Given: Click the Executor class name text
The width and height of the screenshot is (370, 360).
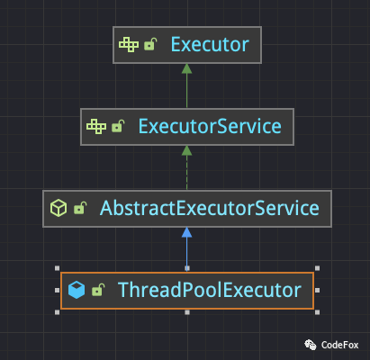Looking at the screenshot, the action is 210,45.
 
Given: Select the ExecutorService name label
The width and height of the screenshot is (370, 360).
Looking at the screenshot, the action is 210,126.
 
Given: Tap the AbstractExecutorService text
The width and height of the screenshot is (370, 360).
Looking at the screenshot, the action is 210,208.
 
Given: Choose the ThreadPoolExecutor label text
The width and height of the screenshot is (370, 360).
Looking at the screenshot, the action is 210,290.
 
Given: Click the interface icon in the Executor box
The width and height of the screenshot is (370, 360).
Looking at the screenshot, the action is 129,45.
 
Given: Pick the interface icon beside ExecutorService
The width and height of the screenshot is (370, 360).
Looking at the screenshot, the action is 96,126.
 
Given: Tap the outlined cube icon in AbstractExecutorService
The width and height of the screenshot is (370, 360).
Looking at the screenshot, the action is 59,208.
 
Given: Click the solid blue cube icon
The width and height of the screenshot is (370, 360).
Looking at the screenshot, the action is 77,290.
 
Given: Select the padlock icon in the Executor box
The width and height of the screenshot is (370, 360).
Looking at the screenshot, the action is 150,44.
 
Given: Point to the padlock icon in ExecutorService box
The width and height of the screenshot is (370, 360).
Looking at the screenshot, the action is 118,126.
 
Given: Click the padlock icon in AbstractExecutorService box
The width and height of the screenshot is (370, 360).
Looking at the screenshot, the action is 80,208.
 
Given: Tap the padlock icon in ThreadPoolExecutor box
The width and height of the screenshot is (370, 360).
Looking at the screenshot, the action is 98,290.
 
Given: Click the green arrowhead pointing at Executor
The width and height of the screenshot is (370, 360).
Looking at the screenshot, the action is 186,68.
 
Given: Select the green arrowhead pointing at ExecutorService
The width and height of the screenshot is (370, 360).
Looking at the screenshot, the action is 186,150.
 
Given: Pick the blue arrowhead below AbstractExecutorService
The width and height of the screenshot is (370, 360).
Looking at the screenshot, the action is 186,232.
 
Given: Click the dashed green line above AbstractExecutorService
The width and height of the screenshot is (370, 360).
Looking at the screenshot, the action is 186,173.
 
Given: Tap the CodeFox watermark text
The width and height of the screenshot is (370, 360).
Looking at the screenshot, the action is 339,345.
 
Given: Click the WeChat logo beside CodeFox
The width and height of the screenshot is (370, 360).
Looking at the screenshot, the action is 311,345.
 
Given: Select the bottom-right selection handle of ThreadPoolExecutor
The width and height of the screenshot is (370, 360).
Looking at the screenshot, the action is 317,312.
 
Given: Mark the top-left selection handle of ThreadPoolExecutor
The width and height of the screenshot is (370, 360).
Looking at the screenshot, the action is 58,268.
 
